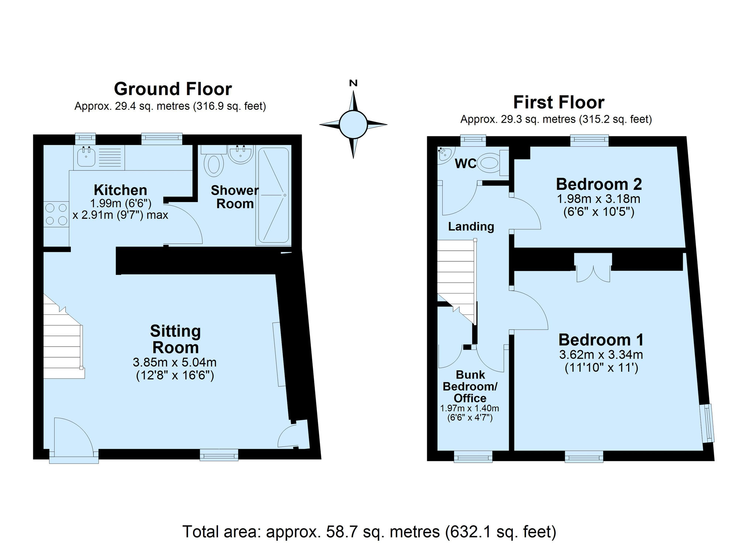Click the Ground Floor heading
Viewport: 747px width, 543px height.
click(x=173, y=89)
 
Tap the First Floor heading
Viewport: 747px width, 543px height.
click(x=558, y=102)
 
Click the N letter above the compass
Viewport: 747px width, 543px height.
click(x=353, y=83)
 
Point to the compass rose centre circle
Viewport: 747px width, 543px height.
click(x=353, y=124)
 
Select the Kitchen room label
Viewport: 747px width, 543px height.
click(x=120, y=190)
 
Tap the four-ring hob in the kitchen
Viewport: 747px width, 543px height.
click(x=56, y=214)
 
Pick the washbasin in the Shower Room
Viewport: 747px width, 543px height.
click(x=241, y=154)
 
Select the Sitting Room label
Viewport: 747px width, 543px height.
click(x=176, y=339)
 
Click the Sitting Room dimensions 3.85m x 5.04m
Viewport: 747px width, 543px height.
click(x=175, y=362)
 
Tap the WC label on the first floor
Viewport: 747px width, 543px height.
click(x=466, y=164)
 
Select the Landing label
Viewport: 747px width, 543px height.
click(x=471, y=226)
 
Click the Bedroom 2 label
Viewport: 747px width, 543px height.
click(x=599, y=184)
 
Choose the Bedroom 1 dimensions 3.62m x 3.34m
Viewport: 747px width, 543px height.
click(x=601, y=355)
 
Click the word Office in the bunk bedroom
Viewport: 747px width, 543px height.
click(x=470, y=398)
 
